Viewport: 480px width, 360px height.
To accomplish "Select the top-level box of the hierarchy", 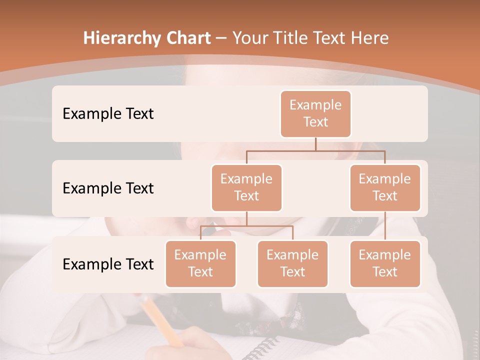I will (x=315, y=113).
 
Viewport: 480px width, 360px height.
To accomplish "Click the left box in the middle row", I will (x=246, y=187).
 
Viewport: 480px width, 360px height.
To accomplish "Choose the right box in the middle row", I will (x=385, y=187).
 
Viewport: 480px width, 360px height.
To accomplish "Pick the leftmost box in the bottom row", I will (x=200, y=263).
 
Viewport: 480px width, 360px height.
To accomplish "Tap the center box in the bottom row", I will (x=292, y=263).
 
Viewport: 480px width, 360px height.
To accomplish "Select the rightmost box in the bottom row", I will (x=385, y=263).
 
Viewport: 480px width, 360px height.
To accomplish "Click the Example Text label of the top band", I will (x=108, y=113).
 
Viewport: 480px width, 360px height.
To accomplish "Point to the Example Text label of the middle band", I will (x=108, y=188).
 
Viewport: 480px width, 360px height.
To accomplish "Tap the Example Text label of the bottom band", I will (x=108, y=264).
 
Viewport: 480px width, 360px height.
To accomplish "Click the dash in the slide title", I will (x=221, y=38).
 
